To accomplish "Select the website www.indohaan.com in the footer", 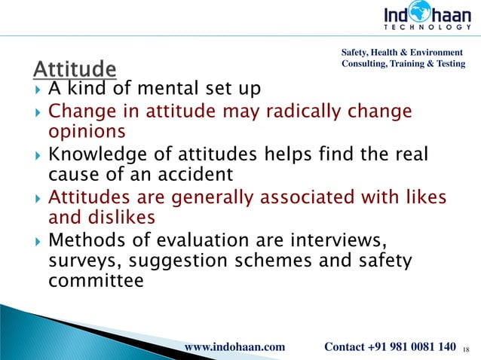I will [234, 346].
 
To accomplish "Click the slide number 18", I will [466, 348].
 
